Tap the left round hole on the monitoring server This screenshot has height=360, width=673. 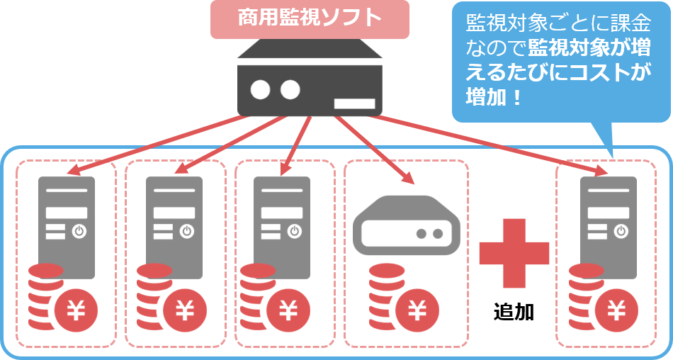pyautogui.click(x=261, y=89)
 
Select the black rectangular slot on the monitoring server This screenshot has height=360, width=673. pyautogui.click(x=354, y=103)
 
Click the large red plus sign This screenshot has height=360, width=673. pyautogui.click(x=514, y=253)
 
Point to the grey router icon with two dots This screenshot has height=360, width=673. pyautogui.click(x=406, y=224)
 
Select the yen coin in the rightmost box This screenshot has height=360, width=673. pyautogui.click(x=617, y=310)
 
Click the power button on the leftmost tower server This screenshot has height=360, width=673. pyautogui.click(x=79, y=230)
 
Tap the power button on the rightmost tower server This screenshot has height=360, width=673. pyautogui.click(x=621, y=230)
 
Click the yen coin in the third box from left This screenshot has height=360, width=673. pyautogui.click(x=287, y=310)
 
